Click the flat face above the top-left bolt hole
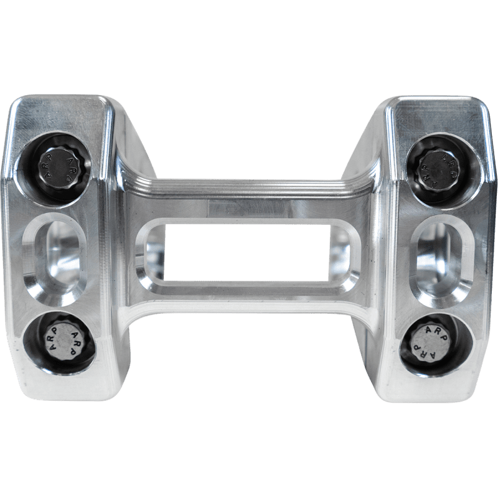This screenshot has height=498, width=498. tap(59, 115)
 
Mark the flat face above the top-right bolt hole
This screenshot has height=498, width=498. tap(436, 115)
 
